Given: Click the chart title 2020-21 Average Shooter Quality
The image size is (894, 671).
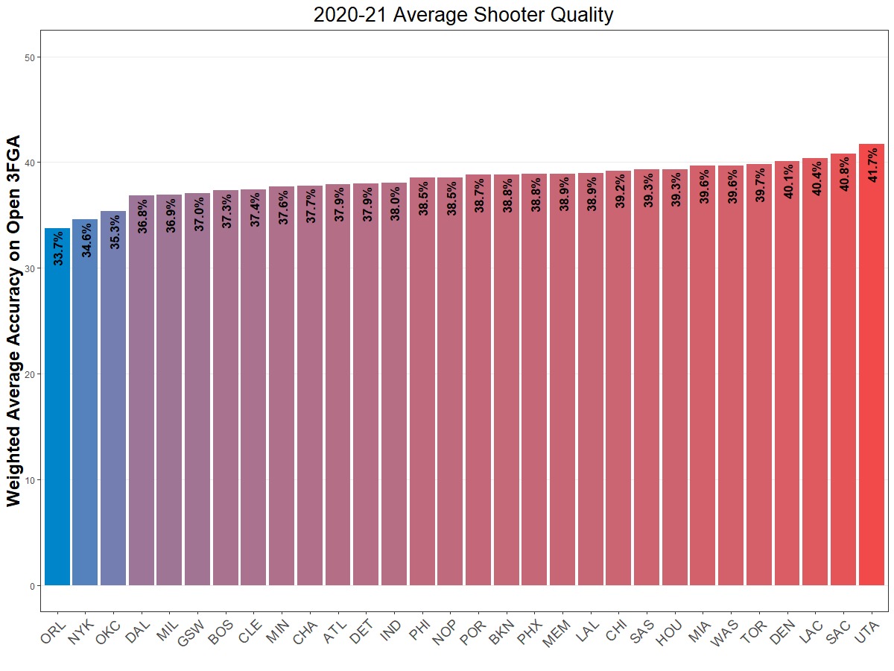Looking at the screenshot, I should pos(463,14).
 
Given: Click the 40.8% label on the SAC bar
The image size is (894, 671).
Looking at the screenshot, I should pos(844,174).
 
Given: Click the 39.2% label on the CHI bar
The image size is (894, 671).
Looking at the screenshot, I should pos(620,191).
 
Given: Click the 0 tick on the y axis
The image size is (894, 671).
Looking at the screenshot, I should pos(32,586).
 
